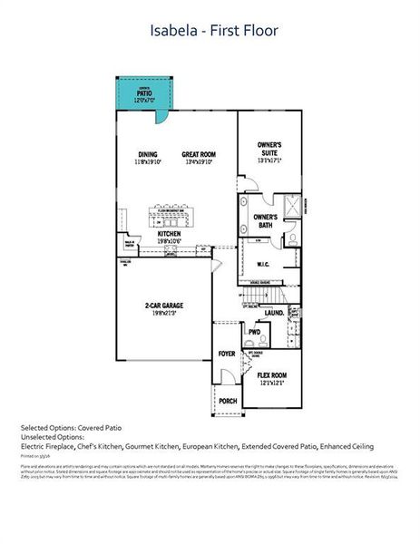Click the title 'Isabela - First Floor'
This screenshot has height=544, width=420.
click(214, 31)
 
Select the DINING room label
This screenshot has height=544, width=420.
click(149, 154)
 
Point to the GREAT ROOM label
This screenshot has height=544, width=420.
click(198, 154)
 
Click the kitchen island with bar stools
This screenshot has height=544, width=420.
click(174, 216)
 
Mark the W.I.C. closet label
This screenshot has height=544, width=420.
click(265, 265)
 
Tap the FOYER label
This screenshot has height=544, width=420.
click(227, 354)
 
